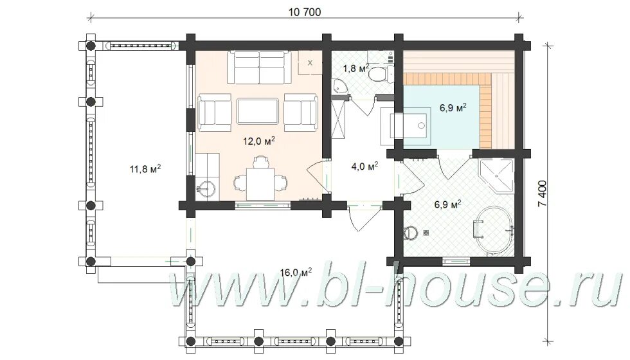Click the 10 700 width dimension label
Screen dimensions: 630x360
coord(305,12)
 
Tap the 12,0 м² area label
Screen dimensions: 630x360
coord(258,141)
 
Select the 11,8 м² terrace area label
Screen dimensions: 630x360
coord(145,168)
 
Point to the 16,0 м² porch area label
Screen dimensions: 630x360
coord(296,273)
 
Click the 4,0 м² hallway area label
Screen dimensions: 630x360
coord(364,166)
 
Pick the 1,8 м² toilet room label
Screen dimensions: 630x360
coord(356,68)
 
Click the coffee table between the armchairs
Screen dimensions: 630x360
coord(258,111)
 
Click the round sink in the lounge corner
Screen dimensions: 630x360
coord(207,189)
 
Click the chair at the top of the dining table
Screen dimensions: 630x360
coord(260,162)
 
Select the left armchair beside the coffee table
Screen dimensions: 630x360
coord(214,113)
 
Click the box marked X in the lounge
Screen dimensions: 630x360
coord(310,63)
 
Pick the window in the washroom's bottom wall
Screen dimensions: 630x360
coord(456,261)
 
